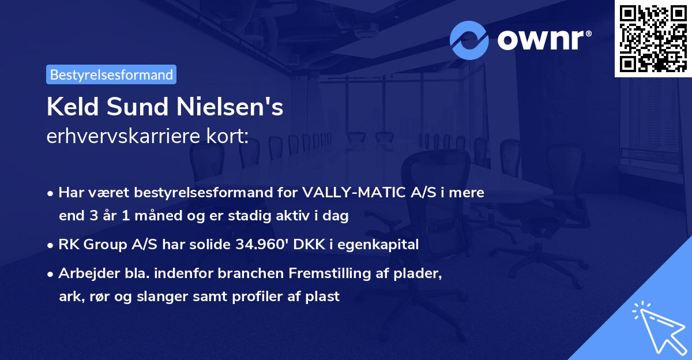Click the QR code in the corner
point(653,38)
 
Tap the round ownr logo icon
point(469,40)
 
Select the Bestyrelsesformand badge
point(111,74)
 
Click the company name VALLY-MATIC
point(353,193)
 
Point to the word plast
point(324,297)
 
